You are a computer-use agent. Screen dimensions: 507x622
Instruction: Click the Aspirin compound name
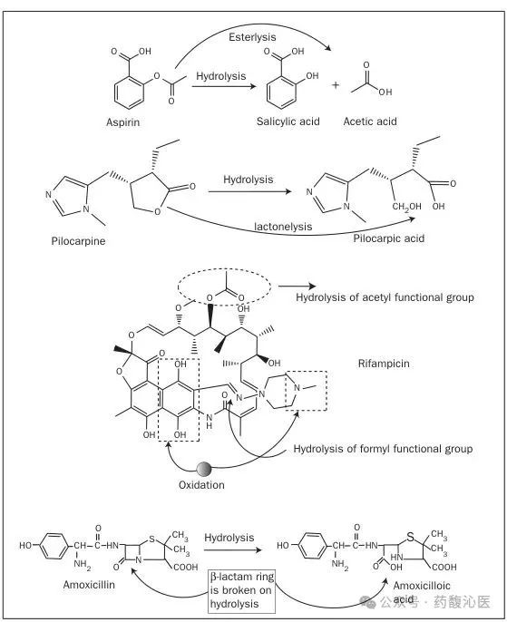(123, 121)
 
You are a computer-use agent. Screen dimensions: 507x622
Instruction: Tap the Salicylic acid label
(288, 121)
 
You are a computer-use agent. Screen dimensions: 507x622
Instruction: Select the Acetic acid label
(370, 121)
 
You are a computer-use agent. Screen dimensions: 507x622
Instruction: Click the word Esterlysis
(252, 37)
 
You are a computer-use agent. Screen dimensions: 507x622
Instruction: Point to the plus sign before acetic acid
(336, 85)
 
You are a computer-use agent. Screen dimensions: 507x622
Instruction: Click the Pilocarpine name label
(79, 241)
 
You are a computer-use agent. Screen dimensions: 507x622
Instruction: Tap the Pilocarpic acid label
(389, 238)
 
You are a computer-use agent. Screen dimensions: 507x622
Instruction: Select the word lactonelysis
(283, 227)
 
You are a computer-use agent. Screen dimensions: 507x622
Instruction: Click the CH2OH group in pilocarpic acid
(406, 207)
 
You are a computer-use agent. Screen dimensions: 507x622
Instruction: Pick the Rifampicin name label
(384, 364)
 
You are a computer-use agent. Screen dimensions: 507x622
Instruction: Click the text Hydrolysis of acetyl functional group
(385, 297)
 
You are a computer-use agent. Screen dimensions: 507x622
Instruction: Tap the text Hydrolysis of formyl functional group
(383, 449)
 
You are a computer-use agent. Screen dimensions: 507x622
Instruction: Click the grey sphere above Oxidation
(204, 469)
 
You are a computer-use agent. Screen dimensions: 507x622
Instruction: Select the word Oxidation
(201, 485)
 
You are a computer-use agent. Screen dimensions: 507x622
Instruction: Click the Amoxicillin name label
(89, 584)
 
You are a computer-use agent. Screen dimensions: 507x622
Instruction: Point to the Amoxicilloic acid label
(422, 591)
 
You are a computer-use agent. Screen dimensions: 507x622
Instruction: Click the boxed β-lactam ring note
(241, 590)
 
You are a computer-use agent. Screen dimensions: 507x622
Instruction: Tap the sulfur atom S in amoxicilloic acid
(410, 537)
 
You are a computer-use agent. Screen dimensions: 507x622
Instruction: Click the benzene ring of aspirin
(129, 92)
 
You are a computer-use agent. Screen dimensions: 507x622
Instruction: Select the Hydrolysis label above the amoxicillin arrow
(229, 538)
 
